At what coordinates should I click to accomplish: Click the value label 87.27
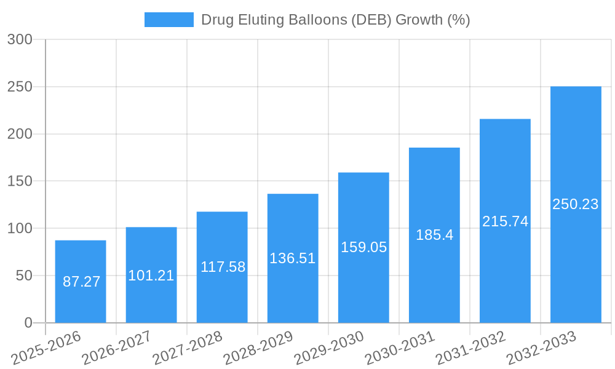[81, 282]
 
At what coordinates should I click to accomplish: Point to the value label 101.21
[151, 276]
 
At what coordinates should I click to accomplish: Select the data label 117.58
[223, 267]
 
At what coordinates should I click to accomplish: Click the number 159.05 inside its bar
[363, 247]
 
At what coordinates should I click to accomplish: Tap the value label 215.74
[505, 221]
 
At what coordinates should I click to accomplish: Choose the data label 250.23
[576, 204]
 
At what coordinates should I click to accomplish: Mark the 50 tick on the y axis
[24, 276]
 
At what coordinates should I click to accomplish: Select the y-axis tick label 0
[28, 323]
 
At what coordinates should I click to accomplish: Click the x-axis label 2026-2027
[117, 348]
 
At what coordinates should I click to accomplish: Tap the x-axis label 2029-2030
[329, 348]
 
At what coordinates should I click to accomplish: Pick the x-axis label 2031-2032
[470, 348]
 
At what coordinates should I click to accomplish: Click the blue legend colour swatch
[169, 20]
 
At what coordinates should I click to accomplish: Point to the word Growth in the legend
[418, 20]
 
